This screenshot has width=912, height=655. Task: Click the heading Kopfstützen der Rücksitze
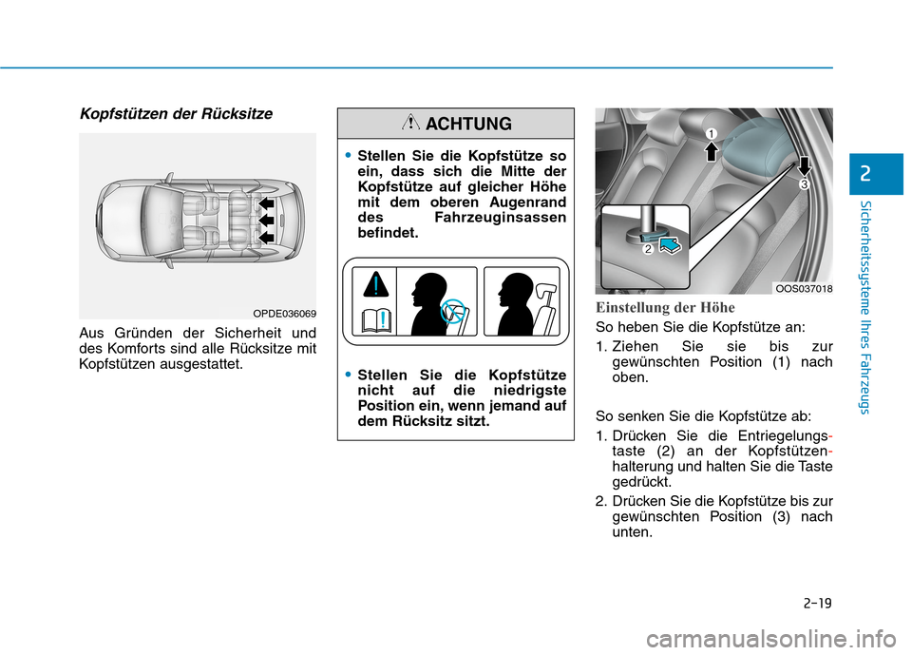176,114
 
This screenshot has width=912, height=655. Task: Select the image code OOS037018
802,287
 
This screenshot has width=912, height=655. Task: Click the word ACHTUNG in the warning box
469,124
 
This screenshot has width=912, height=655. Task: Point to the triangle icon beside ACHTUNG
410,124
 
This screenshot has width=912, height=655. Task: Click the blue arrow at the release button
669,246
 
